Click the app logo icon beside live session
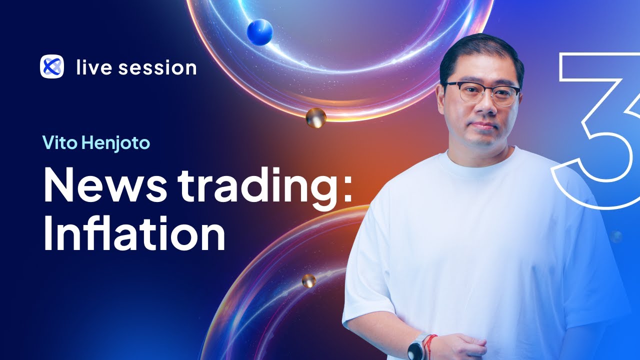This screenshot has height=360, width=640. [51, 67]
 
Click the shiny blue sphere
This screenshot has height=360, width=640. [260, 32]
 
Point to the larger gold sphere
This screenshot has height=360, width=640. [316, 118]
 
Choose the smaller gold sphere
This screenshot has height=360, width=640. [308, 280]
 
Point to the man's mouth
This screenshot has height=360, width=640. [480, 125]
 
